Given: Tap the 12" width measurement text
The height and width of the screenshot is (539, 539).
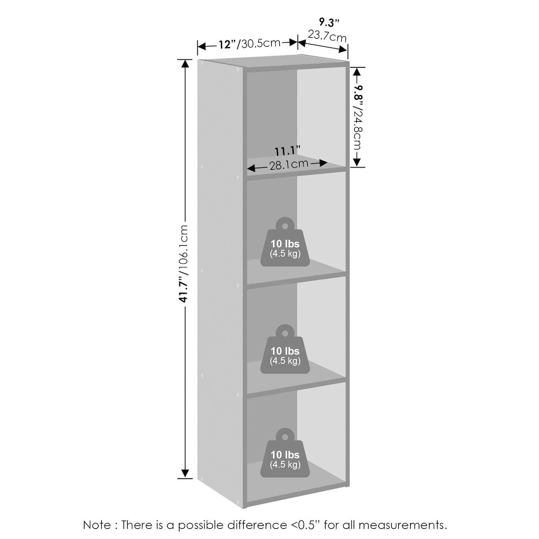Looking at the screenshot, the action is point(227,44).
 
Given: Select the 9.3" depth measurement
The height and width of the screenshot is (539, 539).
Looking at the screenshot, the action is point(329,23).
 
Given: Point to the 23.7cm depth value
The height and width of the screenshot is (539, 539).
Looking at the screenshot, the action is point(327,36).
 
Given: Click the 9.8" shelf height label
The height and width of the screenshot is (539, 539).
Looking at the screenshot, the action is point(358,93).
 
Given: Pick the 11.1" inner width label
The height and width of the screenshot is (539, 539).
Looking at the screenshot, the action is point(287,151).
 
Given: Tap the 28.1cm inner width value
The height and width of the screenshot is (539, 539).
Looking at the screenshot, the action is point(288,164).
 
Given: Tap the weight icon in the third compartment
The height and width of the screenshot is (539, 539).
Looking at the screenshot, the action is point(285,349).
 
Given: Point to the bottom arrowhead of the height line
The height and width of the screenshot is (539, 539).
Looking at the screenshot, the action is point(185,473).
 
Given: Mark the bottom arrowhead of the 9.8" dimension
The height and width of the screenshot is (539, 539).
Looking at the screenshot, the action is point(357,162).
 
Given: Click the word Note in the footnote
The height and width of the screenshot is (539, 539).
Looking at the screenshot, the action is point(97,525).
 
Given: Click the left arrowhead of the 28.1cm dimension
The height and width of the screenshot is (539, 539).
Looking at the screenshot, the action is point(252,168).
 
